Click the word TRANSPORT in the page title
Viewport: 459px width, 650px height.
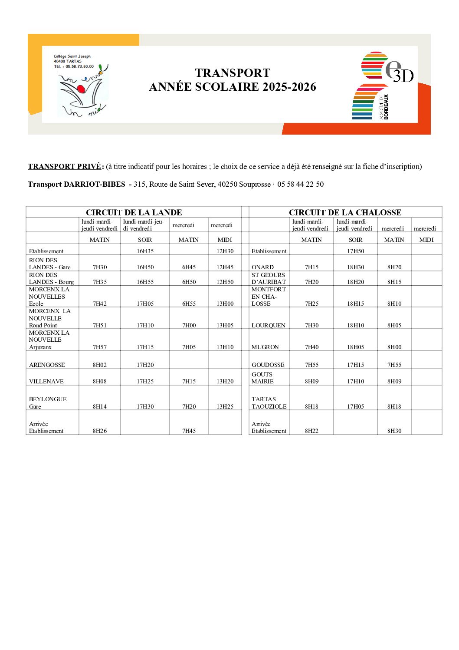click(x=233, y=73)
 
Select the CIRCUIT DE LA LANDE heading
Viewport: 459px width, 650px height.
click(x=134, y=212)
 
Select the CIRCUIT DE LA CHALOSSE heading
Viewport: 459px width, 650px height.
click(x=345, y=212)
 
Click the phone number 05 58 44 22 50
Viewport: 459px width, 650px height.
click(x=300, y=184)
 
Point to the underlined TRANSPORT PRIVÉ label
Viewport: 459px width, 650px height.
click(x=64, y=166)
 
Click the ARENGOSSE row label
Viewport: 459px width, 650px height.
click(x=47, y=365)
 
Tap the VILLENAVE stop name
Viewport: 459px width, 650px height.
click(x=46, y=381)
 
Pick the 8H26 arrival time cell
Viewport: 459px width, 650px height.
click(x=100, y=431)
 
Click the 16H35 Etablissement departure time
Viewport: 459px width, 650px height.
click(x=145, y=251)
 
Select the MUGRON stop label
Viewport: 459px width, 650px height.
click(x=265, y=347)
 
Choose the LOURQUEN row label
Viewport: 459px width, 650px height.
click(x=268, y=325)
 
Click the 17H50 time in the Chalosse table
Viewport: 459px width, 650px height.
click(x=355, y=251)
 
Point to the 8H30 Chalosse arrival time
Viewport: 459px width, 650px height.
click(x=394, y=431)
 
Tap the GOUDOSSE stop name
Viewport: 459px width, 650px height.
click(x=268, y=365)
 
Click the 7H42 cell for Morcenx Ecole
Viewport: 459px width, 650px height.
click(x=100, y=304)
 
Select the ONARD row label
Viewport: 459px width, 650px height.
click(x=262, y=267)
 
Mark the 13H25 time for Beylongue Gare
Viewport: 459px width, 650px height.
click(x=225, y=406)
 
